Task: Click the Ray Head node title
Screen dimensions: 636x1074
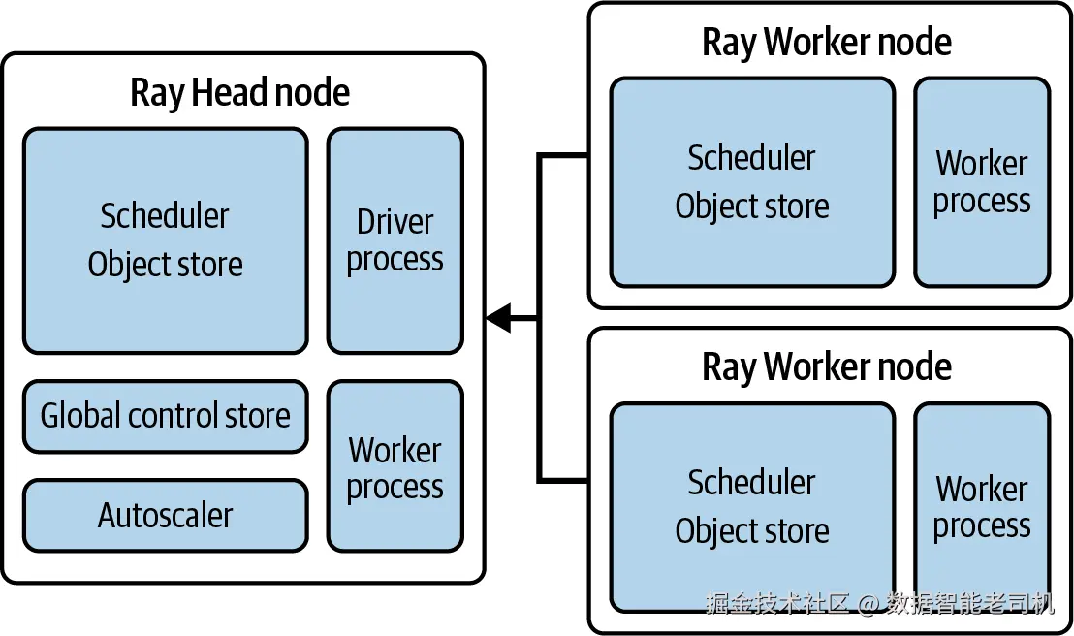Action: (240, 93)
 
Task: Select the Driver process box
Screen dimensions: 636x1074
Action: (395, 240)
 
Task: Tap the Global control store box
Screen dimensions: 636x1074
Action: (165, 416)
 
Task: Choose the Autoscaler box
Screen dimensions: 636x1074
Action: (165, 515)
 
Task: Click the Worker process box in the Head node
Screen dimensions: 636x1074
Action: (395, 466)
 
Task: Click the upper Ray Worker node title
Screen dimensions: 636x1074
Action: (827, 42)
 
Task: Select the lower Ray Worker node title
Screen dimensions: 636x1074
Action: (827, 366)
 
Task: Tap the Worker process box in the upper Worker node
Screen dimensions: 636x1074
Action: (982, 182)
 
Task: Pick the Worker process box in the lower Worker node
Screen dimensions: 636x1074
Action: (982, 507)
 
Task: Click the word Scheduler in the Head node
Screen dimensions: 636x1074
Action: (165, 215)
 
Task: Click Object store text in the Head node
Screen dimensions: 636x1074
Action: (165, 264)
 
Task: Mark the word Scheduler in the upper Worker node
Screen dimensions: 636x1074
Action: (752, 157)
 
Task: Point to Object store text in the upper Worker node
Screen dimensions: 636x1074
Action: (752, 206)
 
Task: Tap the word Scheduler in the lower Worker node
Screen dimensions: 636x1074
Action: (752, 482)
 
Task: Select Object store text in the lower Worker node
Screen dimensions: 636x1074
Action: (752, 530)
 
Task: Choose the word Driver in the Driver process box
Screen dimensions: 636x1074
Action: (395, 222)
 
